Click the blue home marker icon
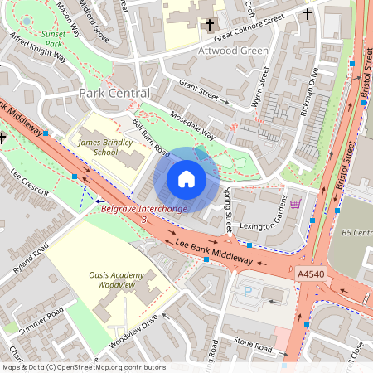point(186,179)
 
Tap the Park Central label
point(114,94)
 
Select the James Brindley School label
point(99,147)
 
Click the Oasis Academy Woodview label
point(117,280)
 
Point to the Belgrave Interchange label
point(143,209)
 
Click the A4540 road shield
point(310,272)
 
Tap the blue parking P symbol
point(248,291)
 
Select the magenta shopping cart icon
point(295,203)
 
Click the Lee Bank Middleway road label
point(215,250)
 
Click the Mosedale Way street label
point(192,124)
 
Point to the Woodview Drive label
point(133,330)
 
